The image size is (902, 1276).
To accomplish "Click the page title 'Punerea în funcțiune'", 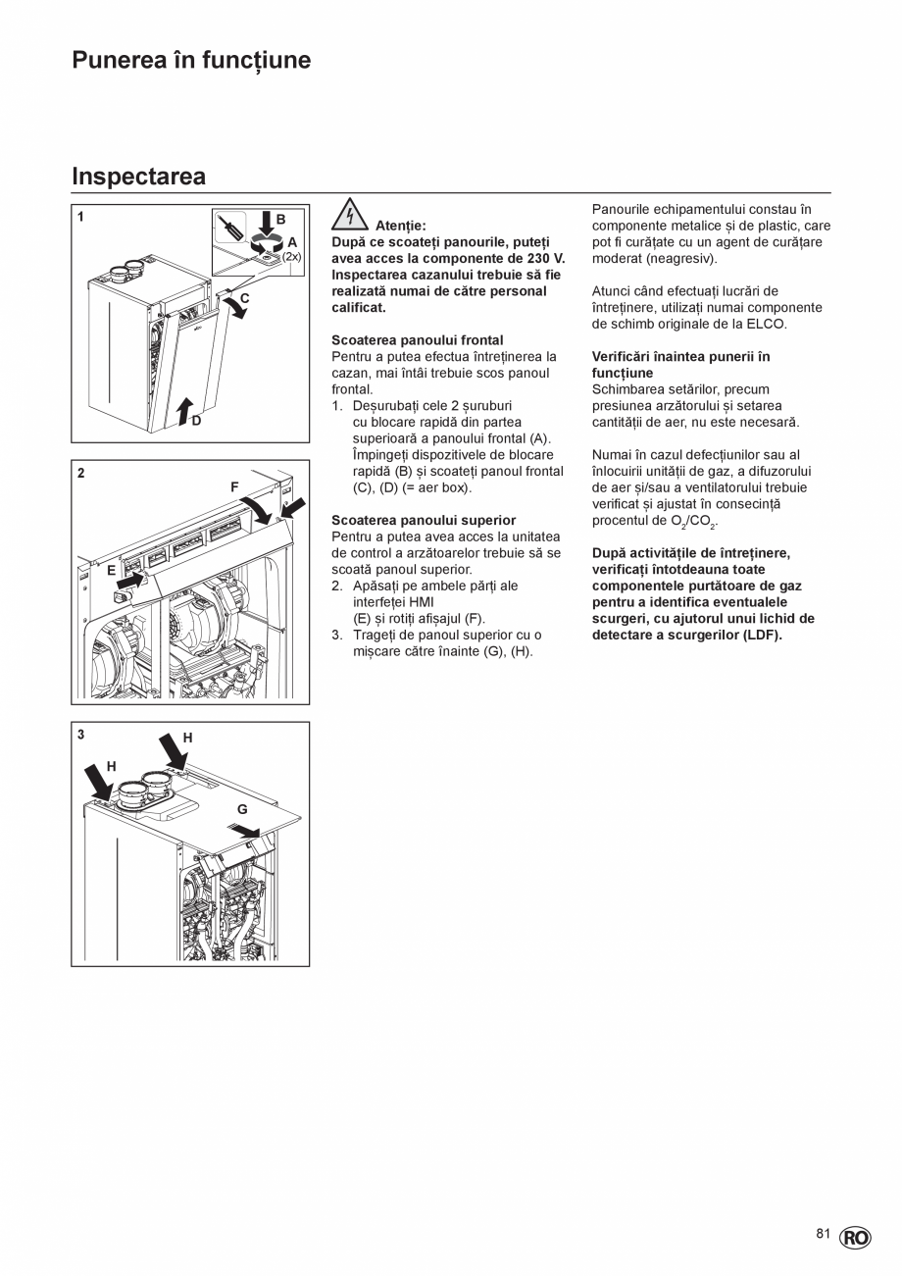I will [x=191, y=61].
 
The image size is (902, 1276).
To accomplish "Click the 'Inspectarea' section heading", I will [x=138, y=177].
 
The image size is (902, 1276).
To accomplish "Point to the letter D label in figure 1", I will [x=196, y=421].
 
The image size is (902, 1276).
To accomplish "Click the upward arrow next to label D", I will [x=184, y=411].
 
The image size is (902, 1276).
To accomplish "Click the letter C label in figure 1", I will [x=245, y=298].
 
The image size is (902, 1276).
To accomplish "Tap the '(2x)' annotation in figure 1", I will [x=292, y=257].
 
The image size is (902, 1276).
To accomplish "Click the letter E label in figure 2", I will [x=112, y=569].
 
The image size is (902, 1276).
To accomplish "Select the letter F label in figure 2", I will [x=234, y=486].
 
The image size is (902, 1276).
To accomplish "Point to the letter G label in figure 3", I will [x=241, y=809].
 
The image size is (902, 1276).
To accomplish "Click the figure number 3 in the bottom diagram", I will [x=80, y=735].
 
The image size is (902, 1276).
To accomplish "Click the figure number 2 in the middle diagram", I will [x=80, y=473].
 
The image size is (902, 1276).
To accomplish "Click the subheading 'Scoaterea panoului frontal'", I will [x=417, y=340].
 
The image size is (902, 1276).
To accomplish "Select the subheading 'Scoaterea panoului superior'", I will [x=424, y=520].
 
